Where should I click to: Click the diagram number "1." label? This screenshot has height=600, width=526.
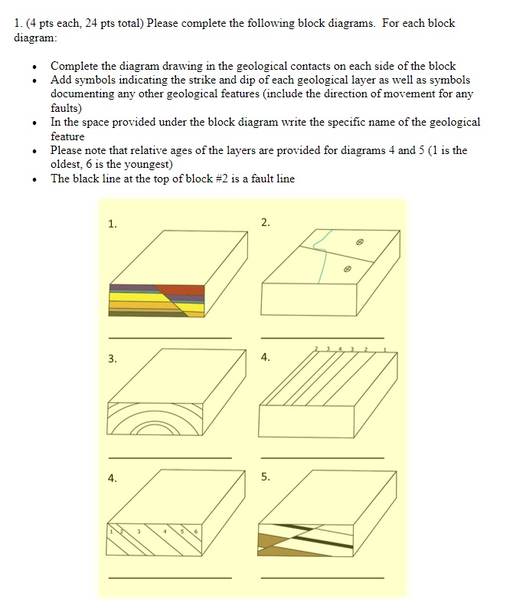(x=113, y=225)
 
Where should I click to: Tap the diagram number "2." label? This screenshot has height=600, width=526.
(x=265, y=223)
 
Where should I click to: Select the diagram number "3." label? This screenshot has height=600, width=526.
(x=113, y=359)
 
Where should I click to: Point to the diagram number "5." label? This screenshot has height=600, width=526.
(x=265, y=477)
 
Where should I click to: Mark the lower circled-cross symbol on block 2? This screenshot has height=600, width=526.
(x=347, y=270)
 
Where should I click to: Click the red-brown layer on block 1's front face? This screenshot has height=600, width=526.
(x=184, y=290)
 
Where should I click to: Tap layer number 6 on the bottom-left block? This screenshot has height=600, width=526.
(x=196, y=533)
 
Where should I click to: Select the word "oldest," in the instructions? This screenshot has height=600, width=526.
(x=69, y=165)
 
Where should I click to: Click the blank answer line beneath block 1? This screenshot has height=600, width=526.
(x=169, y=337)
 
